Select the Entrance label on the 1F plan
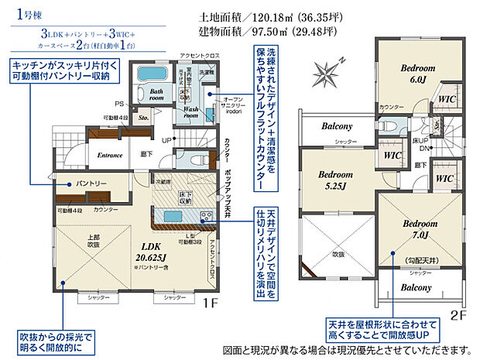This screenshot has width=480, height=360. (x=111, y=155)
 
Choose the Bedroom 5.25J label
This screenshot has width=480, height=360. (x=334, y=180)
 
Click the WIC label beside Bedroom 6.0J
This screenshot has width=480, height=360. (x=446, y=99)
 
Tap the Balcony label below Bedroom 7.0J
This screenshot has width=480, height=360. (x=416, y=287)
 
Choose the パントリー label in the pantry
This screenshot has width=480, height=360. (x=91, y=183)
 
